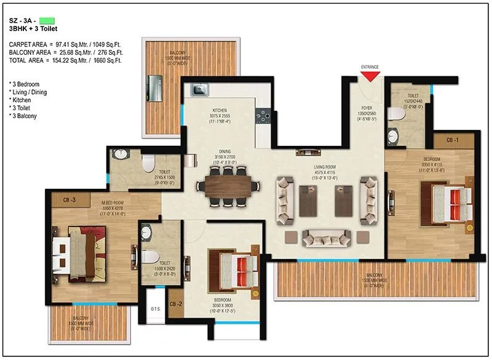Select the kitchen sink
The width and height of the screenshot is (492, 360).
click(x=199, y=90)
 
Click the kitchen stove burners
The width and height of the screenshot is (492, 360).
click(x=261, y=116)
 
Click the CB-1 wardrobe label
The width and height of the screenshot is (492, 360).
click(x=453, y=140)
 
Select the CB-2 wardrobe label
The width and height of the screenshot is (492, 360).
click(x=176, y=304)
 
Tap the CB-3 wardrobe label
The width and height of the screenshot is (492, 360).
click(x=69, y=200)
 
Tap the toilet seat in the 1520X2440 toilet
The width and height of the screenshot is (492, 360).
click(x=397, y=114)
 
